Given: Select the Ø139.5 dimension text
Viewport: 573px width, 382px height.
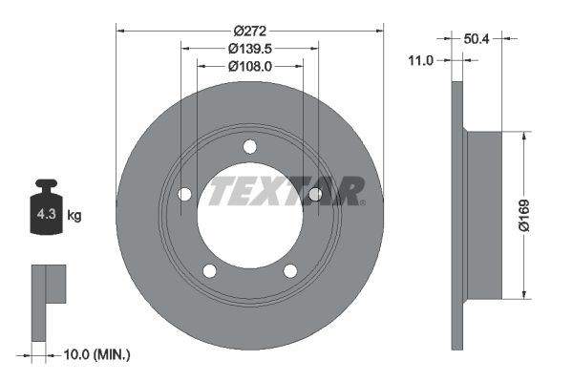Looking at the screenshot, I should click(x=250, y=48).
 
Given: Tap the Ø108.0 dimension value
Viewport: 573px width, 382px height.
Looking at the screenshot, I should click(x=250, y=66).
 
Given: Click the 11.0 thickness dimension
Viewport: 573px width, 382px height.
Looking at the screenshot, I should click(x=420, y=59).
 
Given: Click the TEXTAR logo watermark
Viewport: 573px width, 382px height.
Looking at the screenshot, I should click(x=286, y=190).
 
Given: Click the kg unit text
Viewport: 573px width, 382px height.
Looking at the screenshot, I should click(x=74, y=216).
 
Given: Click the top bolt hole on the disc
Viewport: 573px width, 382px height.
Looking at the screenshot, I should click(x=250, y=146).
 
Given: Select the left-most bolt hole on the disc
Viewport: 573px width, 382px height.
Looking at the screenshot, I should click(x=184, y=195).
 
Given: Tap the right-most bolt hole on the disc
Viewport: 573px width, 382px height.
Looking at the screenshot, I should click(x=315, y=195).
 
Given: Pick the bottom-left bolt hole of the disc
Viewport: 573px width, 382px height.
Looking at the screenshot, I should click(x=210, y=270).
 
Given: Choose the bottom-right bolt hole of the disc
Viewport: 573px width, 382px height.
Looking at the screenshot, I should click(x=290, y=270).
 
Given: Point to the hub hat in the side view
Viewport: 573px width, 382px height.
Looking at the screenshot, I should click(x=482, y=215).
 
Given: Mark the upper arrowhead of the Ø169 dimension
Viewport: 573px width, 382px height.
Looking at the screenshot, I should click(x=523, y=137).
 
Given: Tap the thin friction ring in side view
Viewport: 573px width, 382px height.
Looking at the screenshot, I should click(x=457, y=215).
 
